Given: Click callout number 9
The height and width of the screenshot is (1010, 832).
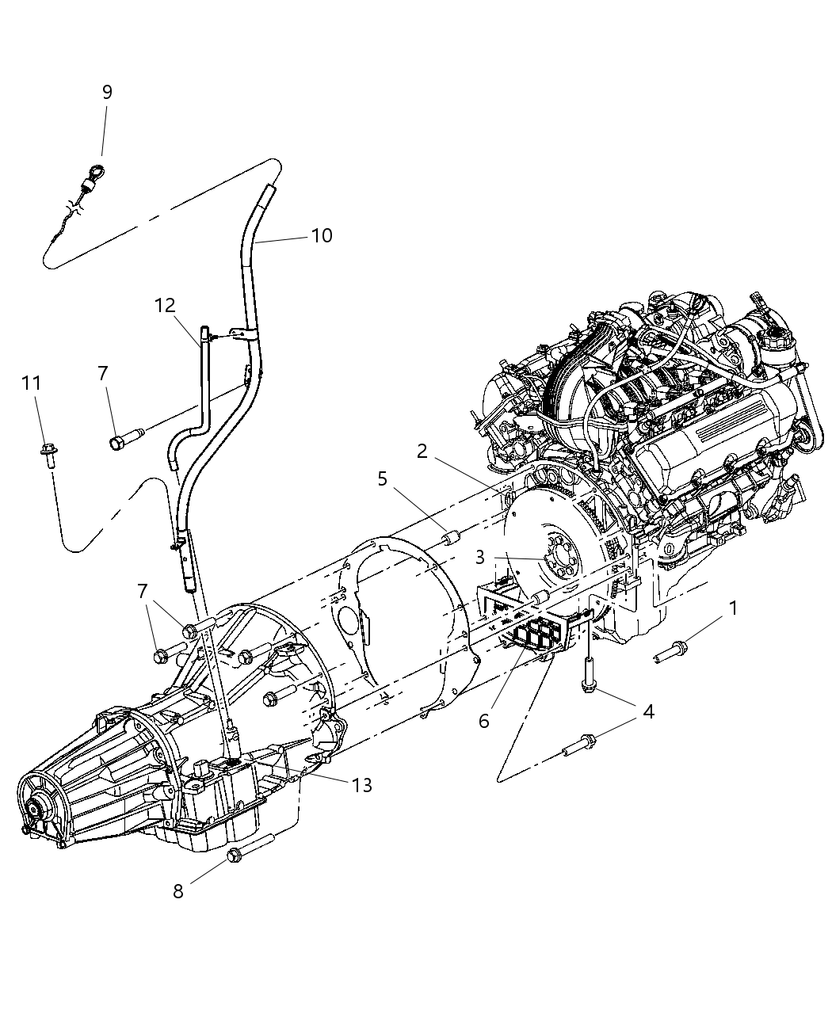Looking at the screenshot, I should coord(107,92).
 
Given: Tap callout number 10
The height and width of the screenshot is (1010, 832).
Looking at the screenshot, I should coord(321,235).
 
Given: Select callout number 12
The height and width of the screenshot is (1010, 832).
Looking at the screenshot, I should coord(164,305).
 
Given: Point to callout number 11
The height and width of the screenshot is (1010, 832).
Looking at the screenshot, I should coord(31,383).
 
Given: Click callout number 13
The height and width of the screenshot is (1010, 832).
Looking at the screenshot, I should coord(362,784).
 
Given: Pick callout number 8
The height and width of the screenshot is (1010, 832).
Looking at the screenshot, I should coord(178,890).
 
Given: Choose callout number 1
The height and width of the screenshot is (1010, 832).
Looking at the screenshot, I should coord(733,608).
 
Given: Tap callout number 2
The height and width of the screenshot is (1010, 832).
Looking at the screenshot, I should coord(422,452).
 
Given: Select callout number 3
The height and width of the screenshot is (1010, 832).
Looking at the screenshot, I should coord(480,558).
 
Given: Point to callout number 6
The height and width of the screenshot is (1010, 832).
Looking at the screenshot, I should coord(483,721).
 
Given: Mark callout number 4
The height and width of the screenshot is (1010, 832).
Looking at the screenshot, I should coord(648,711).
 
